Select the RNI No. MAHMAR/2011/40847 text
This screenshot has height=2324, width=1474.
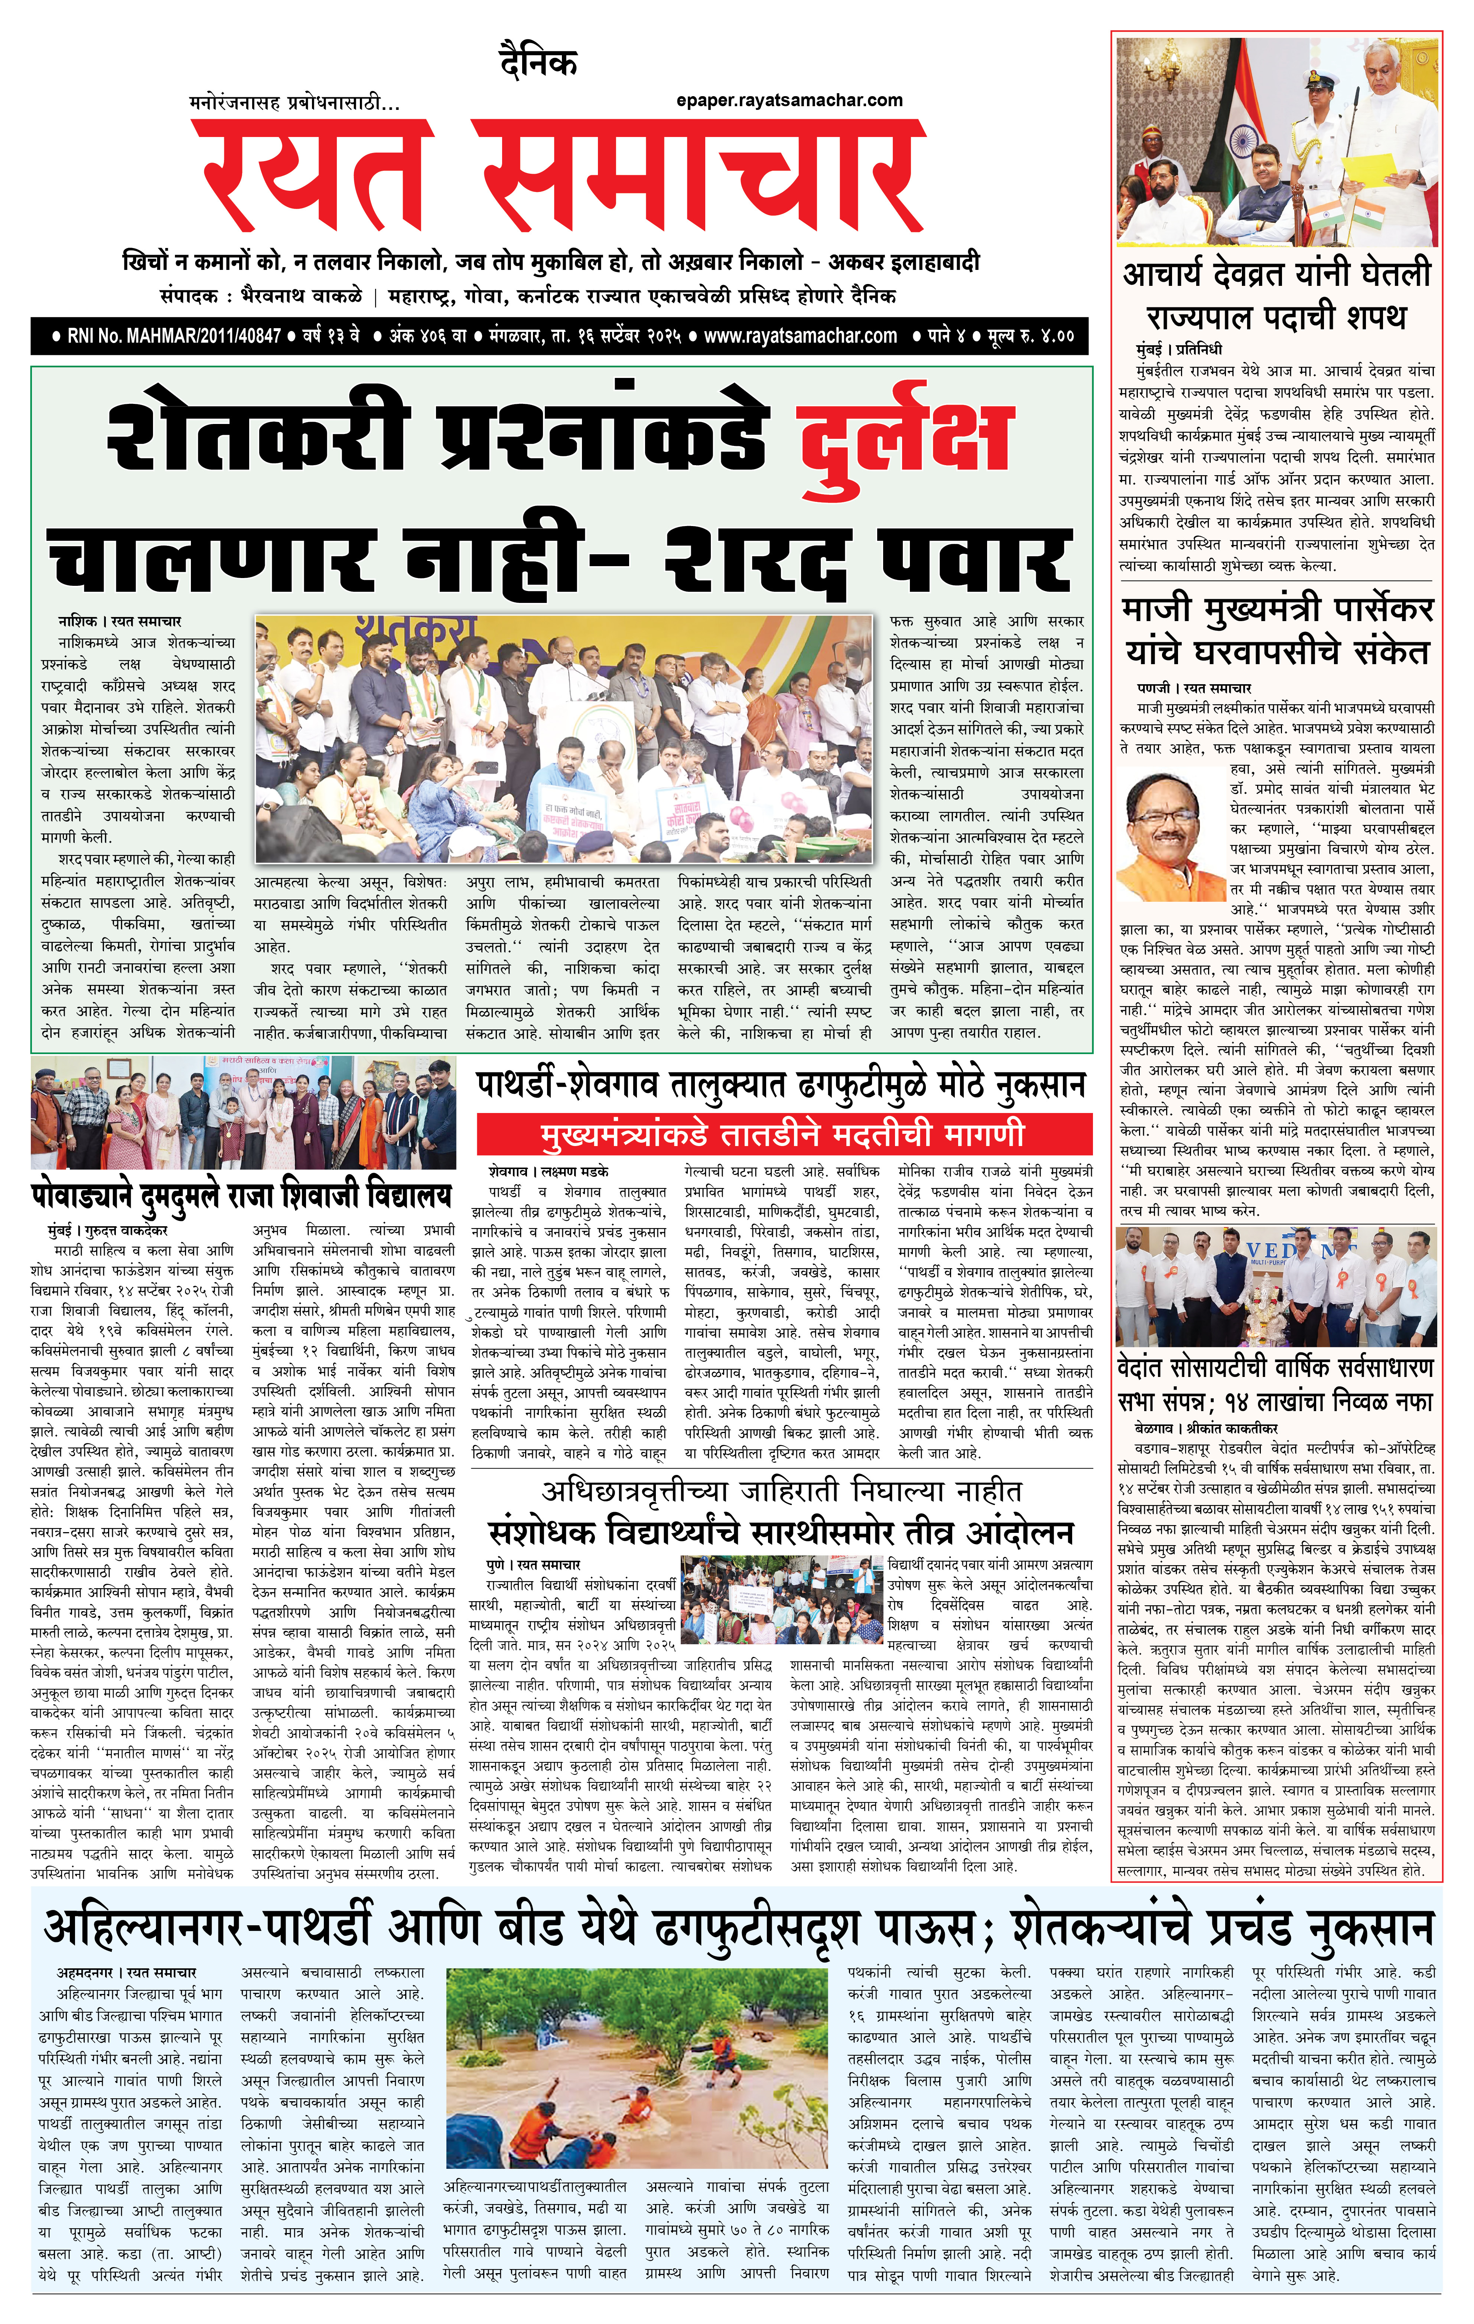(x=174, y=336)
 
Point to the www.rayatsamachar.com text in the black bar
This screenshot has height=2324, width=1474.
(x=800, y=336)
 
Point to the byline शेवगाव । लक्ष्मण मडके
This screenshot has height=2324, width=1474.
(x=548, y=1171)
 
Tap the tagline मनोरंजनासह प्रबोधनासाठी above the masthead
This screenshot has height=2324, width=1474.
(x=295, y=102)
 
